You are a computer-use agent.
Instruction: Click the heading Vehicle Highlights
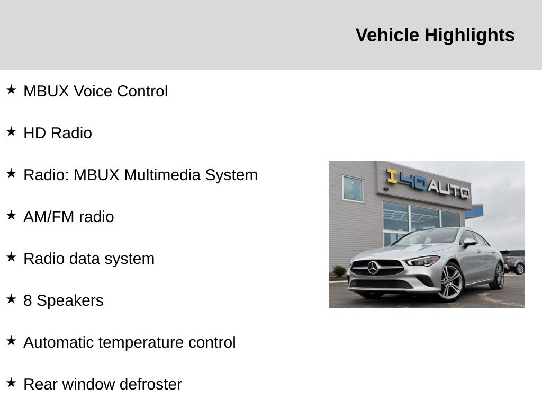tap(435, 35)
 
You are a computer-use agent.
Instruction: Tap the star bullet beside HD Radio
tap(11, 131)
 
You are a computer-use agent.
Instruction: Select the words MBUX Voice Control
tap(95, 91)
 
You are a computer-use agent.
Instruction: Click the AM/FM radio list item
tap(68, 217)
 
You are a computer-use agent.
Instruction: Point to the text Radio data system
tap(89, 259)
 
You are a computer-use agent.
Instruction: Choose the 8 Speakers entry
tap(64, 300)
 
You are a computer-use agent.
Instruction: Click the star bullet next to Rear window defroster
tap(11, 383)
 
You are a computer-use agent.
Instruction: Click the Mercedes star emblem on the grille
tap(373, 268)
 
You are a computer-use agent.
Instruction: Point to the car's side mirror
tap(470, 242)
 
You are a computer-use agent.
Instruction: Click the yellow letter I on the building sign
tap(392, 176)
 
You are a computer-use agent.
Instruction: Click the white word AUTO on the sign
tap(449, 190)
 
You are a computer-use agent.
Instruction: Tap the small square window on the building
tap(353, 189)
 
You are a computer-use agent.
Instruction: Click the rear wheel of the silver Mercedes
tap(498, 275)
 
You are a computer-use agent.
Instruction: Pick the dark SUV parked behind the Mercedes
tap(513, 262)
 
